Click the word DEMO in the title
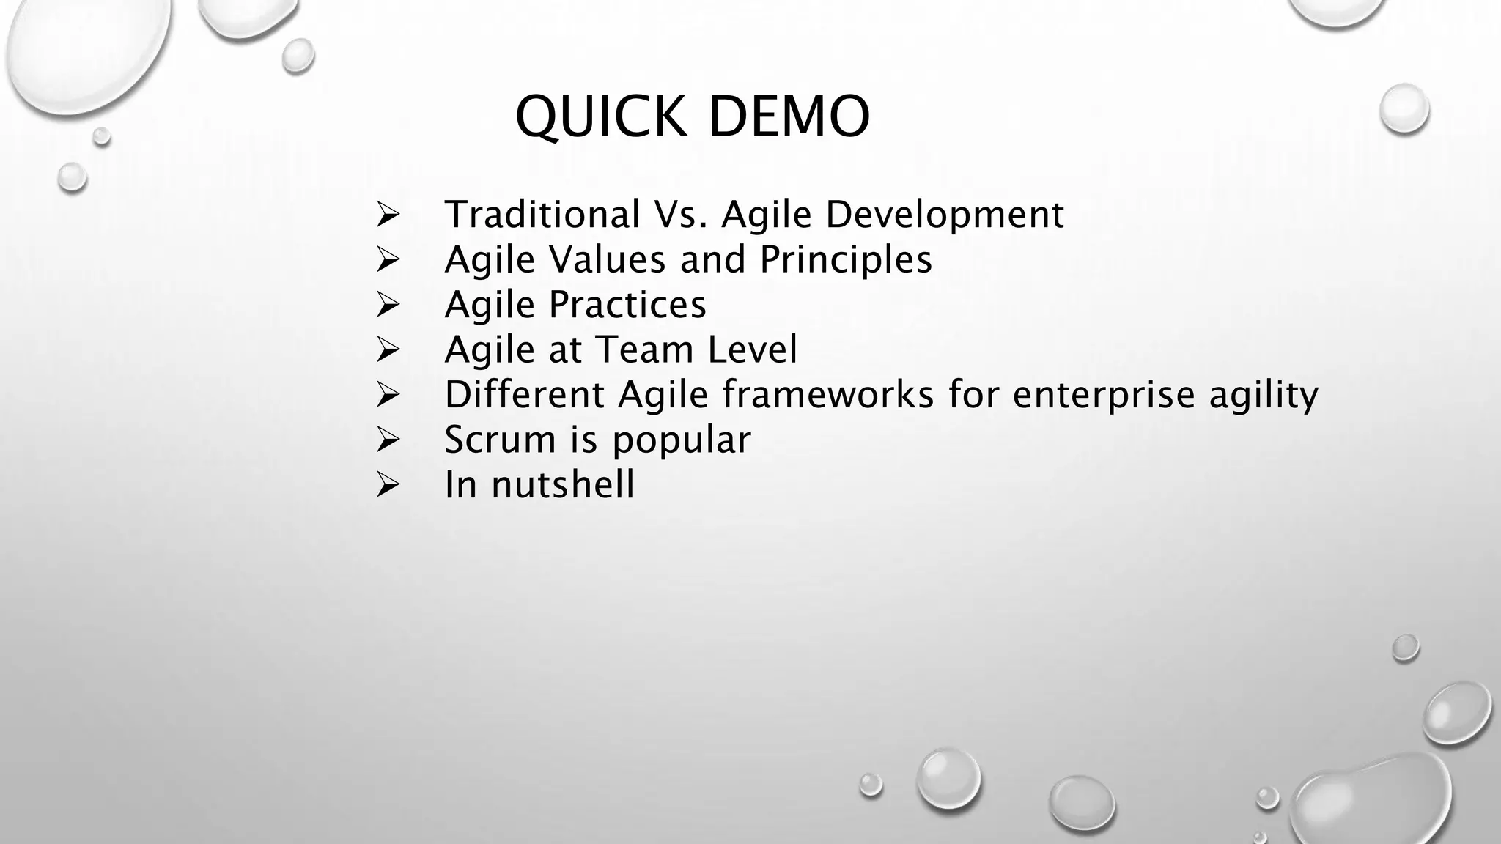point(789,117)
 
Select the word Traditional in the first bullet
point(542,215)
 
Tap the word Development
point(945,215)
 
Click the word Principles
point(846,259)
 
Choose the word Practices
point(627,305)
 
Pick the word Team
point(645,349)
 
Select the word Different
point(525,394)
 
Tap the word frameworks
point(828,394)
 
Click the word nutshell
point(563,485)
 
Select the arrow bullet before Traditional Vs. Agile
point(387,215)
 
